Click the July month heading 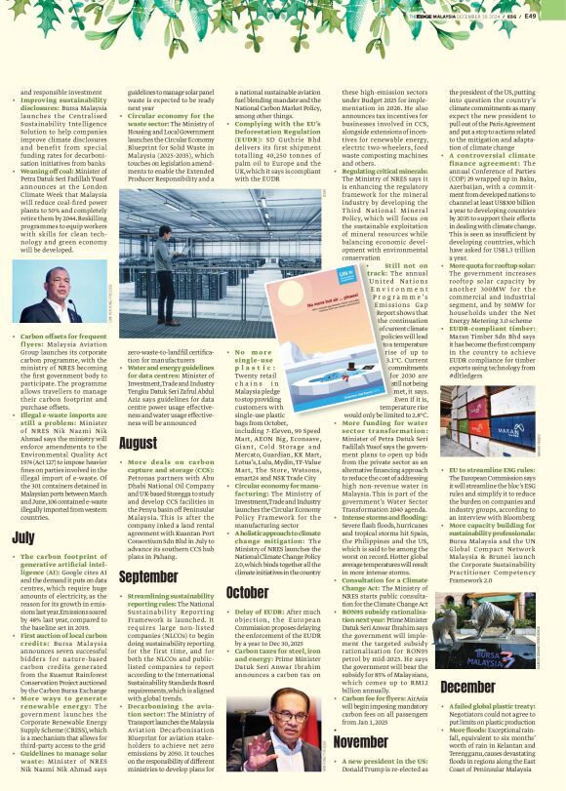pos(22,536)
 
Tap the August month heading pos(138,443)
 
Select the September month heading pos(148,577)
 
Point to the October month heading pos(247,592)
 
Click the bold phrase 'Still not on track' pos(401,270)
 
